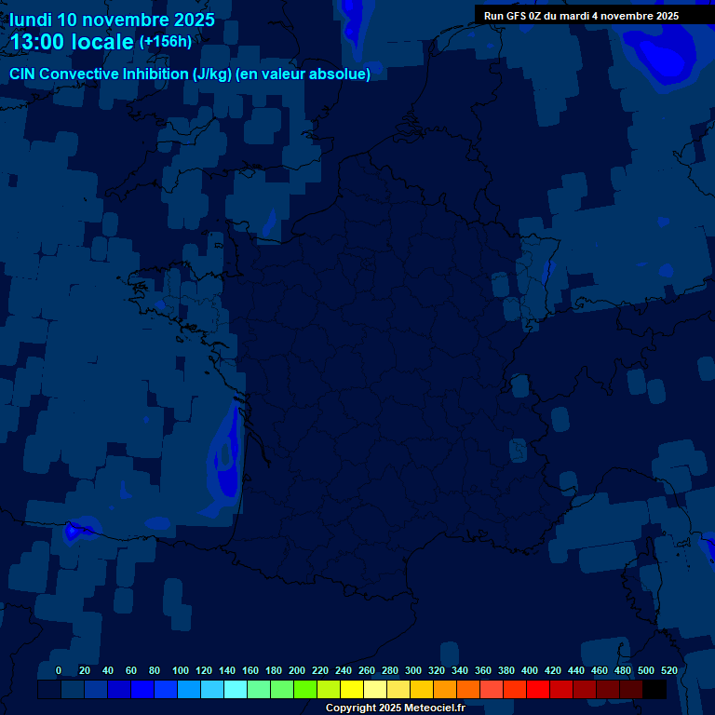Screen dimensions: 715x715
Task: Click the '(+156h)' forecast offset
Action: (165, 42)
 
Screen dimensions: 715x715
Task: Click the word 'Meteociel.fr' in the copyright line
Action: (434, 708)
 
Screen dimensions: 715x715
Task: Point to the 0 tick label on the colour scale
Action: (59, 670)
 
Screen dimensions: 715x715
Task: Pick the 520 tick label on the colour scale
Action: (668, 670)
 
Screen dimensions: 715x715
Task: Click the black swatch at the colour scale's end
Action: (654, 690)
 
